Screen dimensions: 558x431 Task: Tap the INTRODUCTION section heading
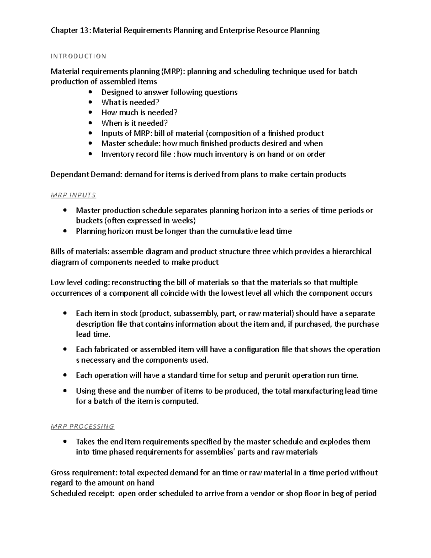point(78,56)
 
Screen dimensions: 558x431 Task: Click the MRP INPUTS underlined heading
point(73,195)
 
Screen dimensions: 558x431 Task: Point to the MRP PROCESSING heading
point(82,426)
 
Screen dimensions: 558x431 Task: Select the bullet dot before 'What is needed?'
point(90,103)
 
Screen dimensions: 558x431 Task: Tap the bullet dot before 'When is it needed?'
point(90,123)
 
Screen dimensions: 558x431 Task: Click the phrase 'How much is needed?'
point(139,113)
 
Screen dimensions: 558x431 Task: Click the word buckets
point(89,221)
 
